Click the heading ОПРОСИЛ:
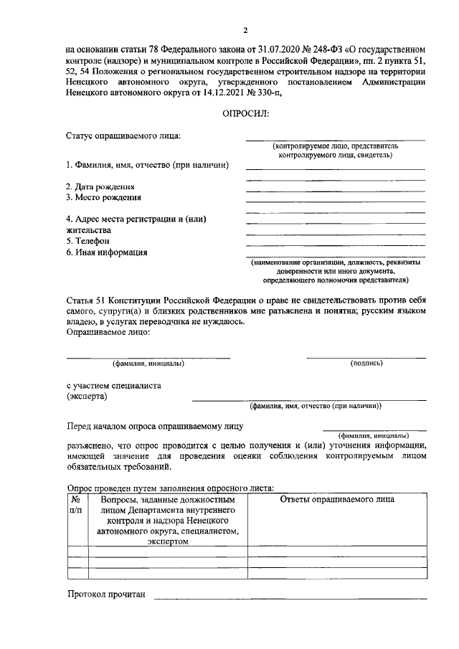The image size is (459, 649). pos(245,115)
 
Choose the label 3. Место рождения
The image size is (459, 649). pos(103,197)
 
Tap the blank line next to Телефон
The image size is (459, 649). pos(335,245)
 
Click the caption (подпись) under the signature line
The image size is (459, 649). pos(366,364)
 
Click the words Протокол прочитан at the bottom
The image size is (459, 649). pos(106,594)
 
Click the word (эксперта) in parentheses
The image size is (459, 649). pos(87,395)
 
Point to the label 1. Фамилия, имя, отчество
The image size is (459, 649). pos(147,166)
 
